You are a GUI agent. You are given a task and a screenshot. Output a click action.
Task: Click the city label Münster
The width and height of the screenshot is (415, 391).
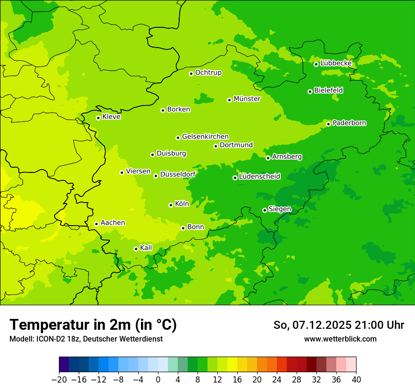point(247,99)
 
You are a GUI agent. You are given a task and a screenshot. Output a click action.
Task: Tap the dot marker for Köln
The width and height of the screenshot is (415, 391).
point(171,205)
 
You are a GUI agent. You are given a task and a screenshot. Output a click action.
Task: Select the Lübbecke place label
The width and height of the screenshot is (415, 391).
point(336,63)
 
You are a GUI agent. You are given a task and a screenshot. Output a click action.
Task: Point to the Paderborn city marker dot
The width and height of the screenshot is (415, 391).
point(329,124)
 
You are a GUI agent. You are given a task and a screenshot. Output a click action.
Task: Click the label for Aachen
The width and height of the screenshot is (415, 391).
point(113,223)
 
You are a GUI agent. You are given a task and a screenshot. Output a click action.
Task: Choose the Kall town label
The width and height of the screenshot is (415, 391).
point(146,248)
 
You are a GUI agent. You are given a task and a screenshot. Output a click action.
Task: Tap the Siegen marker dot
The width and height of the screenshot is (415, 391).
point(265,210)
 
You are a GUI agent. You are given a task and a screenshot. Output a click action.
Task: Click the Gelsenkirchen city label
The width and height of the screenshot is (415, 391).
point(205,137)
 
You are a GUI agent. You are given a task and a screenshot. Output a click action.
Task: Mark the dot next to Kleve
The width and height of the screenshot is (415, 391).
point(98,118)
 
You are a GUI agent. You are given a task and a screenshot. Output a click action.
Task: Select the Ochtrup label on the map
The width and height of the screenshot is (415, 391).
point(208,73)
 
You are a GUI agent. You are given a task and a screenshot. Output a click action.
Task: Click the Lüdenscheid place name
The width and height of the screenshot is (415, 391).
point(259,177)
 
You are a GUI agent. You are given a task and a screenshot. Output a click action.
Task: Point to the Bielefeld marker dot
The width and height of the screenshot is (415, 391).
point(310,91)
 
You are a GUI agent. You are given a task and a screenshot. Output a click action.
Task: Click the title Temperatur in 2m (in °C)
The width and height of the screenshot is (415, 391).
point(93,325)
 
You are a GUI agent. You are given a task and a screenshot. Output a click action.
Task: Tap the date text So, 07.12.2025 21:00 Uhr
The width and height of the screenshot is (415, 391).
point(339,325)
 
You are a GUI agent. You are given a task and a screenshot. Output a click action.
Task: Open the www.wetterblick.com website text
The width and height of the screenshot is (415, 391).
point(340,339)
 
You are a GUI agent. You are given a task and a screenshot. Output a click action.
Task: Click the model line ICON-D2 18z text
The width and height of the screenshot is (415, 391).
point(86,339)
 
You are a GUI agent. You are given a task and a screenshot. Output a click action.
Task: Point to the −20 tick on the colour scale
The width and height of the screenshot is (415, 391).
point(59,380)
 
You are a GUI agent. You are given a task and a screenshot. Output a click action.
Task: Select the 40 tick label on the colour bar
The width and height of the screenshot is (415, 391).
point(356,380)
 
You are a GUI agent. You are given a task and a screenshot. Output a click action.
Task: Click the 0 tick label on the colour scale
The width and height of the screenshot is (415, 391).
point(158,380)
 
